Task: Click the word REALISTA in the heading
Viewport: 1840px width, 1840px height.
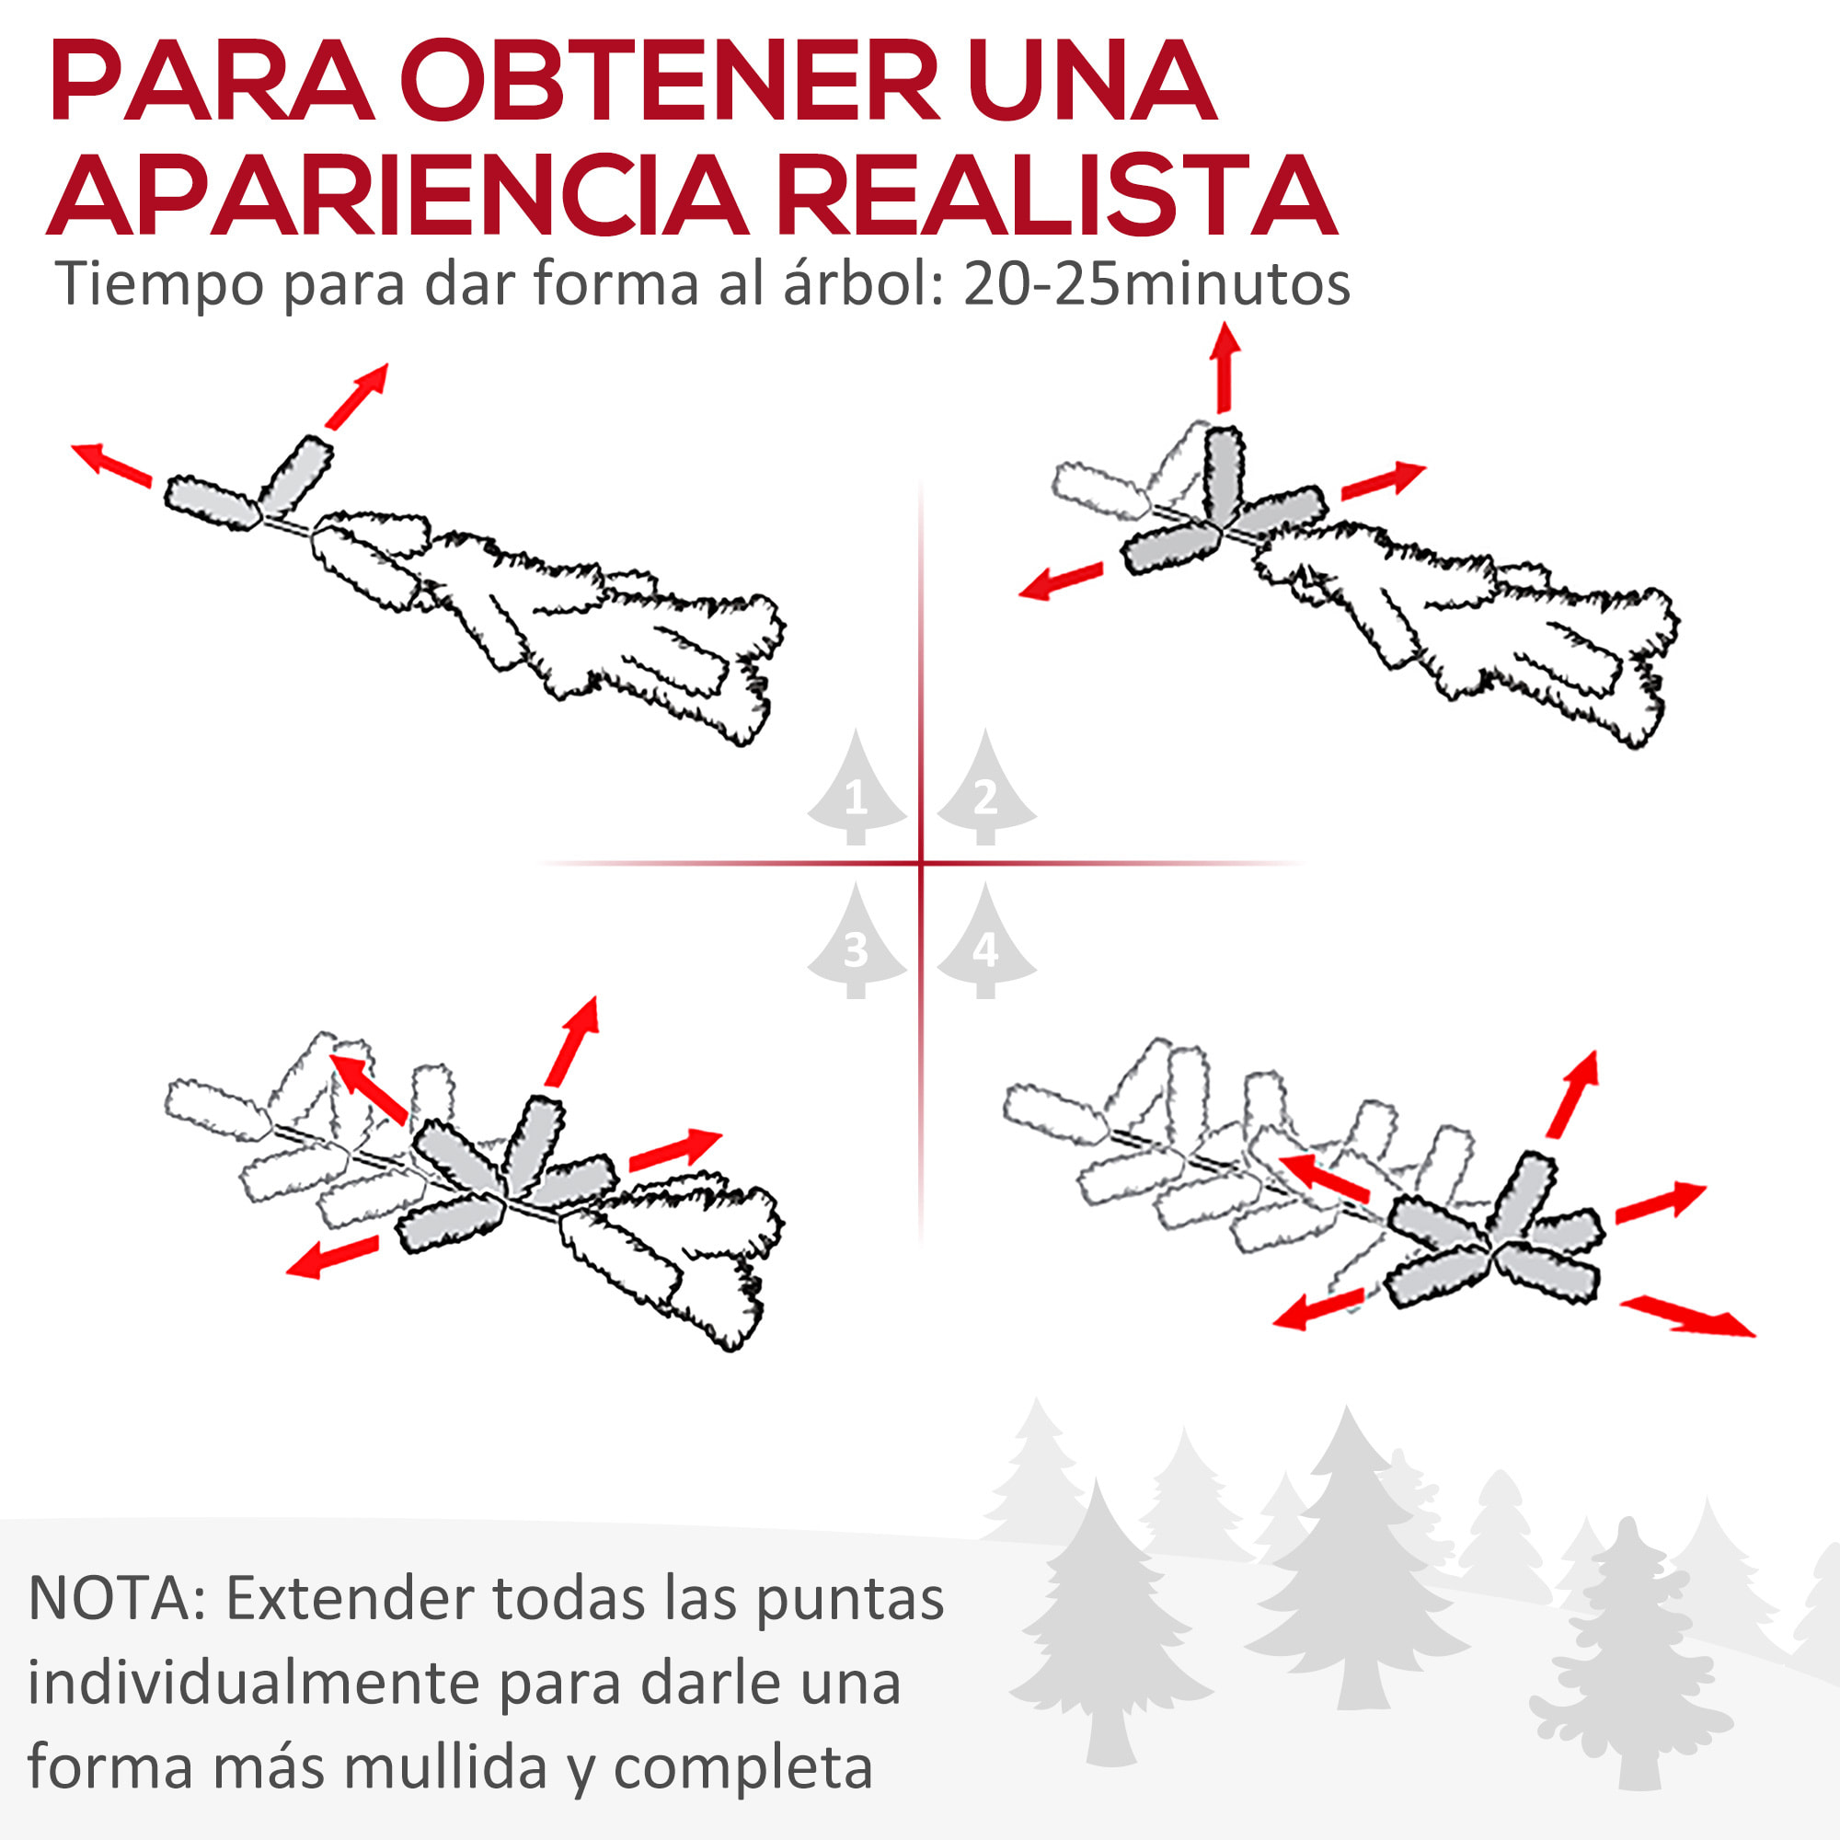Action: click(x=1057, y=196)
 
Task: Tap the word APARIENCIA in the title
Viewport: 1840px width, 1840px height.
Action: click(x=398, y=196)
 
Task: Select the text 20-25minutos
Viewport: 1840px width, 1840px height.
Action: click(x=1156, y=283)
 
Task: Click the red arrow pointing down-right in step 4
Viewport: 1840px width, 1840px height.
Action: click(x=1685, y=1317)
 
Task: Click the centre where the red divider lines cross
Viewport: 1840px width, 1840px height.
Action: click(x=921, y=864)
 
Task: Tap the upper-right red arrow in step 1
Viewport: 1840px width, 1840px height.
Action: click(x=357, y=396)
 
